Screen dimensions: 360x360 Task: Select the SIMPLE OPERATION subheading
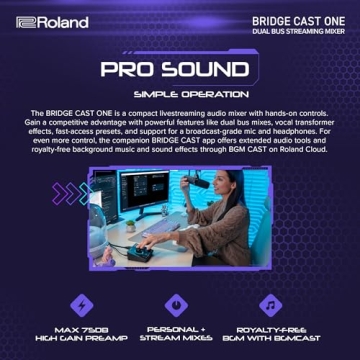(x=180, y=93)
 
